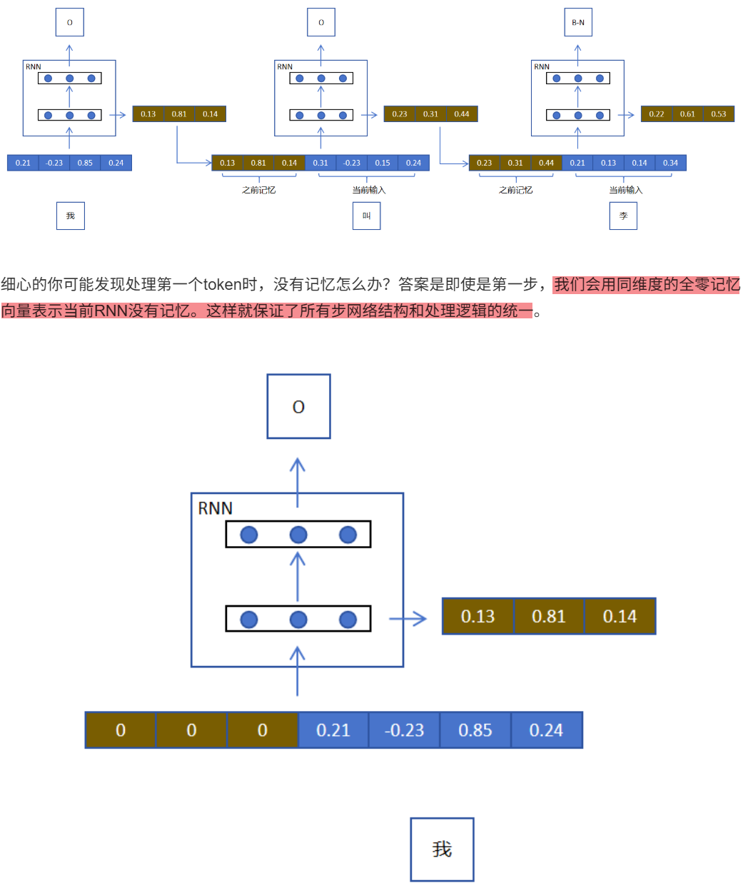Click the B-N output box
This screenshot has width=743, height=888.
coord(577,22)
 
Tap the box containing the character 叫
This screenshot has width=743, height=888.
coord(366,216)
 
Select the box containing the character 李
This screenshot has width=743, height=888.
coord(623,216)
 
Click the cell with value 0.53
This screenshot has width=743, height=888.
coord(718,114)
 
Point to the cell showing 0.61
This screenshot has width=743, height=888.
coord(687,114)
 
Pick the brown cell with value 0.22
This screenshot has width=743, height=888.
coord(657,114)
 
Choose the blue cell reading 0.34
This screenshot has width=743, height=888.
coord(670,163)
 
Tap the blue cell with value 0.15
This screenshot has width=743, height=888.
coord(383,163)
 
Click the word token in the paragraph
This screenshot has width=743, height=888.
coord(222,284)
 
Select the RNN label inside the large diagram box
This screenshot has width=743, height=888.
coord(215,508)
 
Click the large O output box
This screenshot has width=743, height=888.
coord(298,406)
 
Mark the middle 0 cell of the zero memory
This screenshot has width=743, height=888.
coord(191,730)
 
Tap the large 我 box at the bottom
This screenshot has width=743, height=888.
coord(442,849)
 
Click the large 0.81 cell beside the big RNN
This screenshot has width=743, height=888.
coord(548,616)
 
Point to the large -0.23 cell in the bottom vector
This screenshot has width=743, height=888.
coord(404,730)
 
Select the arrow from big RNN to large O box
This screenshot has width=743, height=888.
coord(298,475)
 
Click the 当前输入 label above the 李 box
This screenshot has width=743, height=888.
coord(625,190)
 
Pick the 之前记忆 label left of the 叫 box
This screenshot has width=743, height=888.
coord(258,190)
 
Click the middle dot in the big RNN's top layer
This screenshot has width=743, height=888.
coord(298,535)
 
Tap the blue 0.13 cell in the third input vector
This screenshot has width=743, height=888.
coord(608,163)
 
